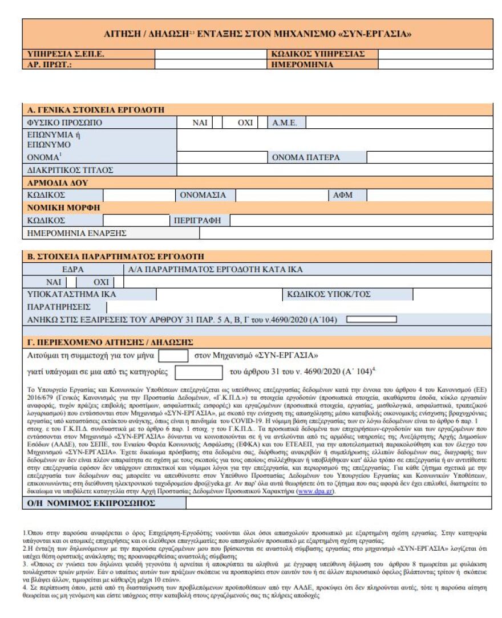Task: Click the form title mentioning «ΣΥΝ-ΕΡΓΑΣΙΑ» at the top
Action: point(258,34)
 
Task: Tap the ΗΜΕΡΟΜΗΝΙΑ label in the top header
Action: point(302,64)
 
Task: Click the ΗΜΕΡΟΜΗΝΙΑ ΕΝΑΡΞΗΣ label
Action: point(77,233)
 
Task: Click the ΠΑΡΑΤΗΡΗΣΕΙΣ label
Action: point(59,307)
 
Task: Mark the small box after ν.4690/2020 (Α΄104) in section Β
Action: point(371,319)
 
